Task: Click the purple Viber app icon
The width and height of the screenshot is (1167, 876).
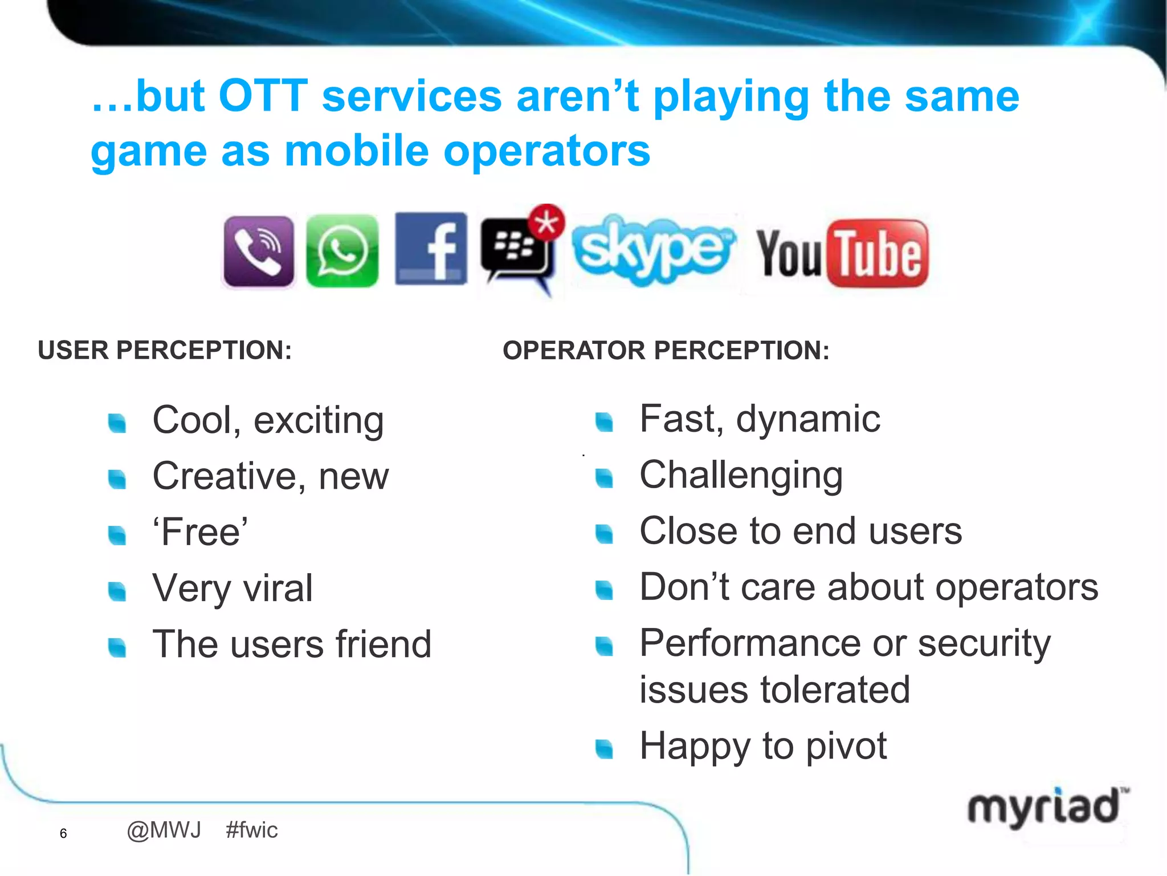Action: tap(259, 252)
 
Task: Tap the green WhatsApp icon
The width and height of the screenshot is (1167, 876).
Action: tap(342, 252)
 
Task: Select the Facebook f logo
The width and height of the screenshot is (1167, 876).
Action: tap(431, 249)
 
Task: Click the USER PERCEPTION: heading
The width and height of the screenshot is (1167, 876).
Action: tap(165, 350)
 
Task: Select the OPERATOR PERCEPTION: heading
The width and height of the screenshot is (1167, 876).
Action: tap(666, 350)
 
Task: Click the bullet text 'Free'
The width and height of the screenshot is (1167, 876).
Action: tap(200, 532)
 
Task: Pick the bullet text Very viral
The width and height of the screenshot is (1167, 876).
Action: tap(232, 588)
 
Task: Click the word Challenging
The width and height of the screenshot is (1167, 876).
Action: tap(741, 475)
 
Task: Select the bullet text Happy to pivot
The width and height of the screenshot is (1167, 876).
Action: tap(763, 746)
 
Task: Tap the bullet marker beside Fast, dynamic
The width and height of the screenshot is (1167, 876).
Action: tap(604, 422)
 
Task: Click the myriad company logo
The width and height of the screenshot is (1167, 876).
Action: tap(1046, 807)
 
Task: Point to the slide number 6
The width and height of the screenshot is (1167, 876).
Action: tap(63, 833)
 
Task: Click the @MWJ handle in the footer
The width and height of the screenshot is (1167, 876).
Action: tap(164, 830)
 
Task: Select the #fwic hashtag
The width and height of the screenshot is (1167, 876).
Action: tap(251, 830)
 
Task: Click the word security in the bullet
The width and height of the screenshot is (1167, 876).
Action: tap(984, 643)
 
